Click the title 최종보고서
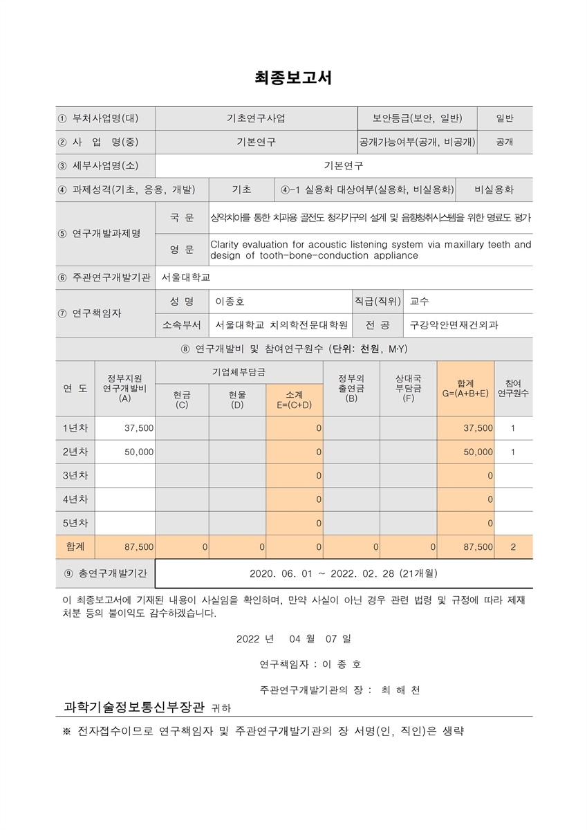(293, 78)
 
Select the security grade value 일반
(504, 118)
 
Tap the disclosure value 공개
(504, 142)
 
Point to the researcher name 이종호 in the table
(230, 302)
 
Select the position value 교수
(419, 302)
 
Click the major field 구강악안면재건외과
(454, 324)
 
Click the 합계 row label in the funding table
(75, 546)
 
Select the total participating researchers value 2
(513, 546)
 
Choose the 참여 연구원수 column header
(513, 388)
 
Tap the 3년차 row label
(75, 475)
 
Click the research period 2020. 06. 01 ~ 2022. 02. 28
(343, 573)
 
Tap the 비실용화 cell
(494, 190)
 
